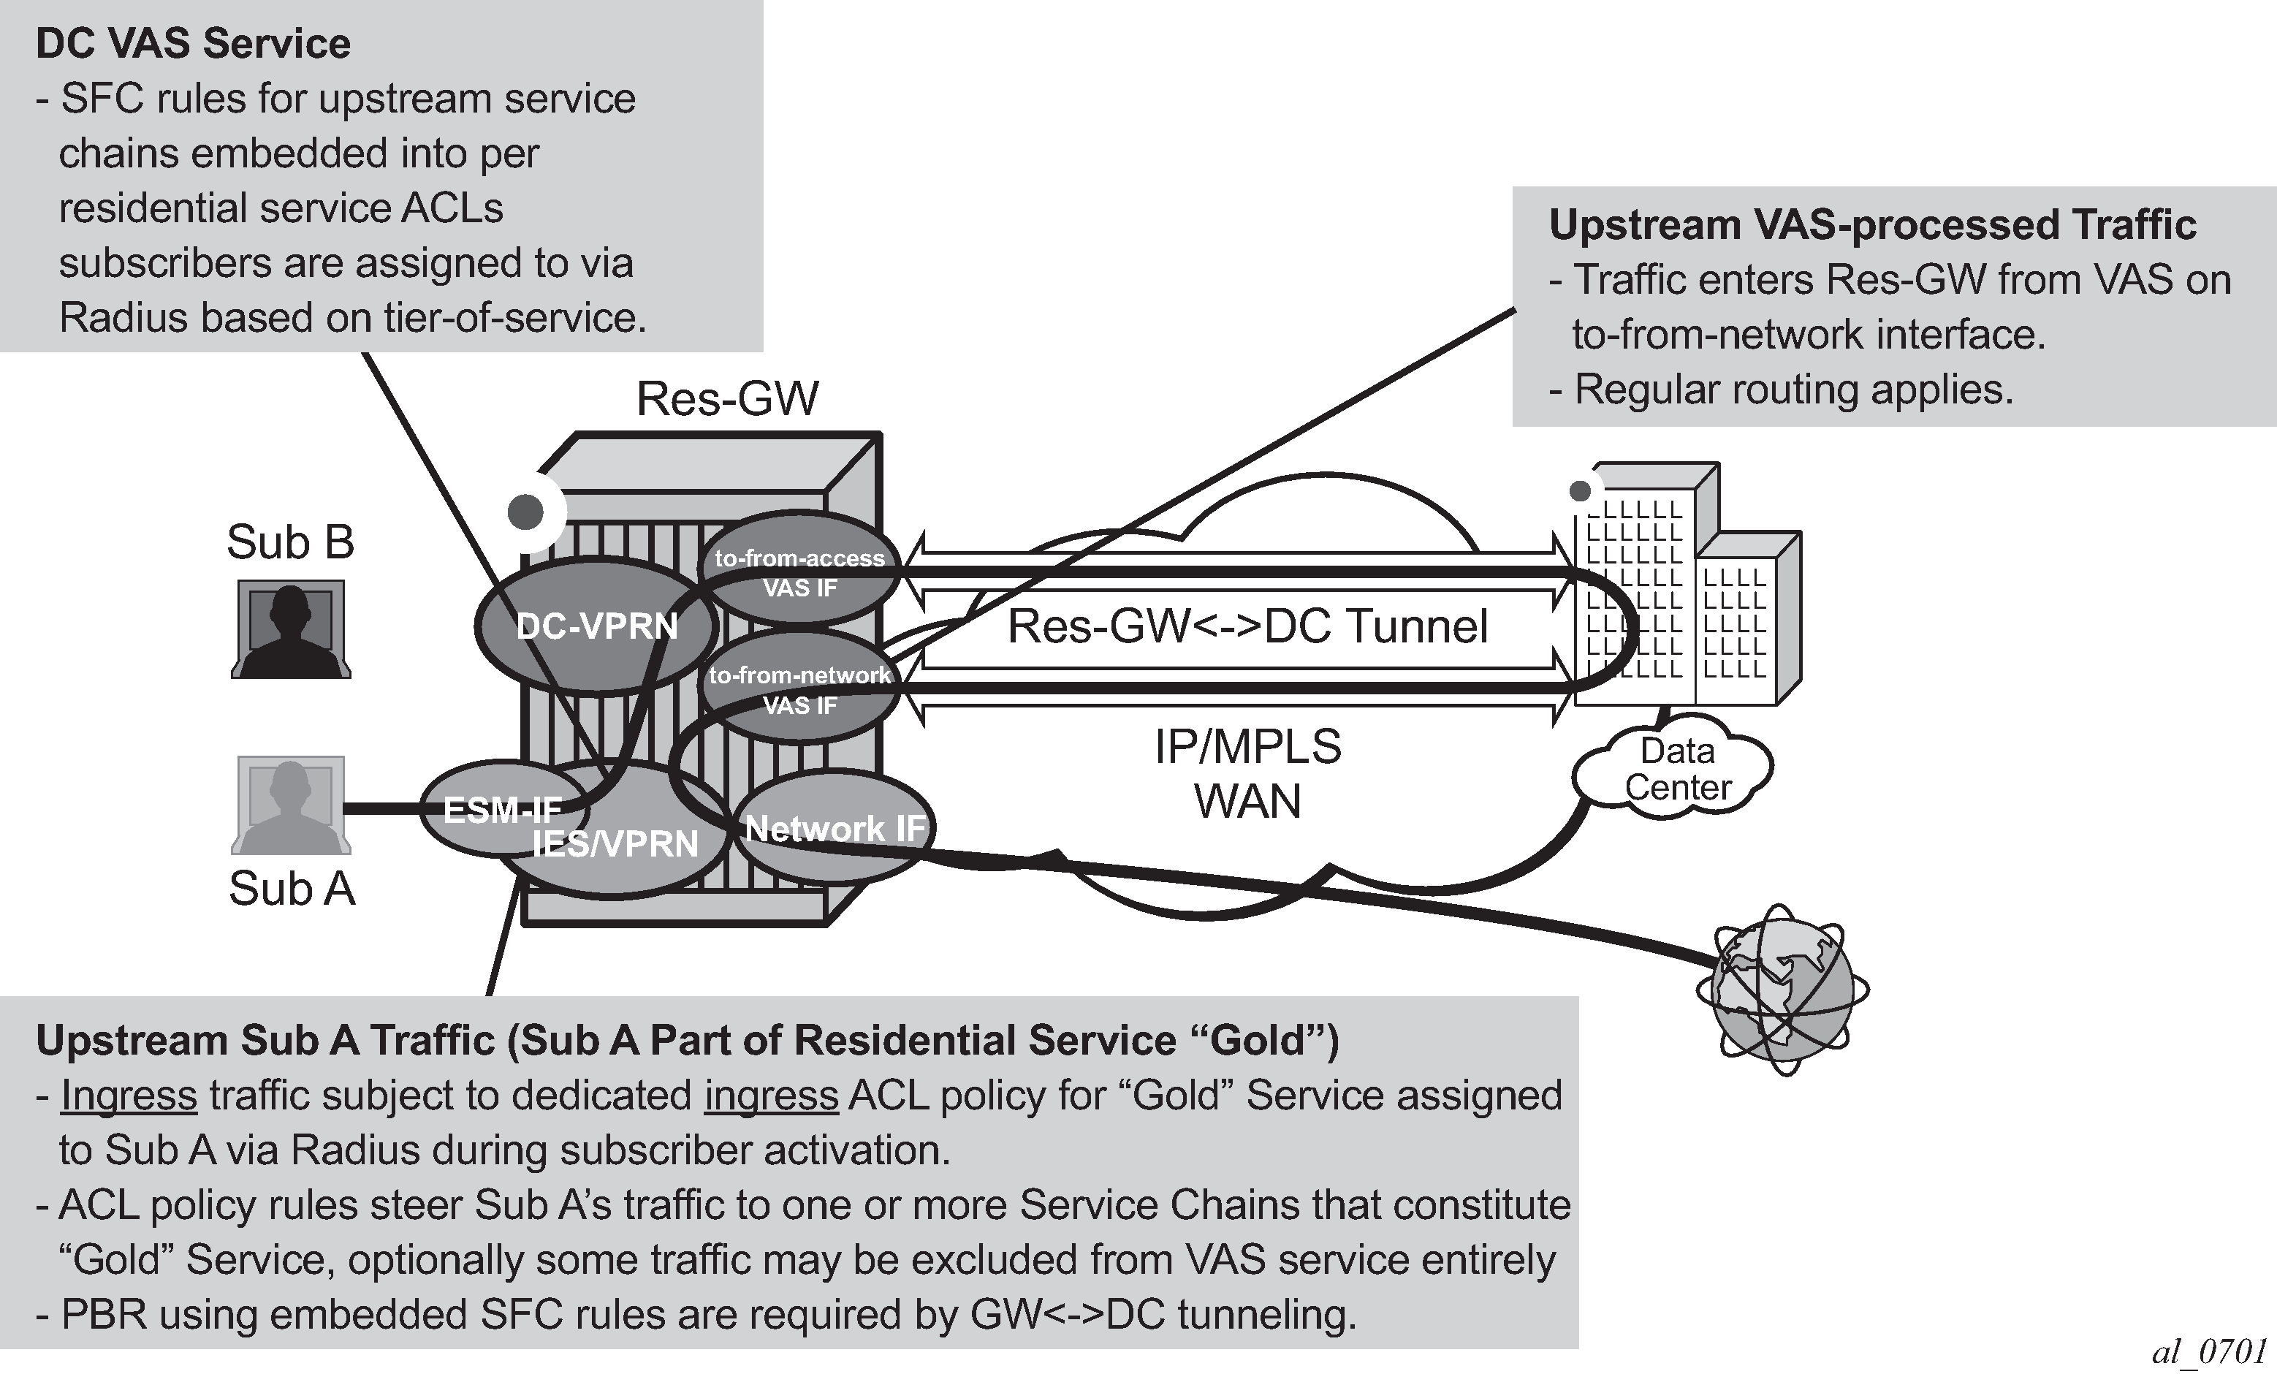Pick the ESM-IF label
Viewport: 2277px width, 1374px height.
pyautogui.click(x=502, y=811)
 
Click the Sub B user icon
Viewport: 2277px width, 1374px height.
pyautogui.click(x=291, y=629)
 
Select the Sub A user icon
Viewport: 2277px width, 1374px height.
pyautogui.click(x=291, y=805)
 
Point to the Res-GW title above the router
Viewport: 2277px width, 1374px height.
pyautogui.click(x=727, y=399)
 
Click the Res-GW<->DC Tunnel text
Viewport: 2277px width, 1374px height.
pyautogui.click(x=1247, y=626)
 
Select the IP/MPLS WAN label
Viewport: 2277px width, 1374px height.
pyautogui.click(x=1247, y=773)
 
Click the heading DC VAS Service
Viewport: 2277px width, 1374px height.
pyautogui.click(x=193, y=43)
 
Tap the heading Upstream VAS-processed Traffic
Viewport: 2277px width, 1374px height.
pyautogui.click(x=1872, y=224)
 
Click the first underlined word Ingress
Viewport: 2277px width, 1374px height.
pyautogui.click(x=129, y=1095)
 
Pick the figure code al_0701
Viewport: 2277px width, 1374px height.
pyautogui.click(x=2208, y=1351)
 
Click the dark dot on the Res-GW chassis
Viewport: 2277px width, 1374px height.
pyautogui.click(x=526, y=511)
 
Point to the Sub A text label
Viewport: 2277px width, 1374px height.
pyautogui.click(x=291, y=889)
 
